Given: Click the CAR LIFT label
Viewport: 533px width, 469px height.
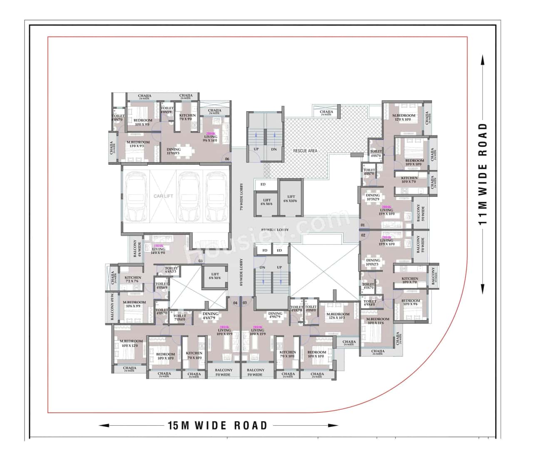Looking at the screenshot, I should click(163, 196).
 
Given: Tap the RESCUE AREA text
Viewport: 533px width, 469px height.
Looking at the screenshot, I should click(305, 150).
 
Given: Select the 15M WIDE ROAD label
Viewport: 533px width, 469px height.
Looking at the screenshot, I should click(217, 425).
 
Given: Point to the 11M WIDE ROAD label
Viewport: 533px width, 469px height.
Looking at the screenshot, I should click(483, 174).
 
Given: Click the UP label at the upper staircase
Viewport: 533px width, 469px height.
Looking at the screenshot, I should click(256, 149).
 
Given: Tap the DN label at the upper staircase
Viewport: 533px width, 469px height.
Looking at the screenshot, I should click(274, 149).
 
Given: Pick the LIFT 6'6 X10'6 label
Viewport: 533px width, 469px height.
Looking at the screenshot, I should click(291, 198).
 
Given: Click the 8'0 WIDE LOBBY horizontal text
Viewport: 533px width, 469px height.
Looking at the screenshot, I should click(275, 230).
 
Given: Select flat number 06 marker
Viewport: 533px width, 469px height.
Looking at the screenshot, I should click(227, 159).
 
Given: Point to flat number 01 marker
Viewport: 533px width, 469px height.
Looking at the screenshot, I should click(363, 226).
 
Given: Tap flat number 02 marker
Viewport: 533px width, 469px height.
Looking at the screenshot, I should click(363, 236).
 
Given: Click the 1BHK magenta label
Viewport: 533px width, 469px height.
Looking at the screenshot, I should click(158, 246).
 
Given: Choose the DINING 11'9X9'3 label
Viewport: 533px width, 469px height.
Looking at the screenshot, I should click(174, 151).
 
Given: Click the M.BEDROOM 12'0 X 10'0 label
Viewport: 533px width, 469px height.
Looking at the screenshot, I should click(403, 118).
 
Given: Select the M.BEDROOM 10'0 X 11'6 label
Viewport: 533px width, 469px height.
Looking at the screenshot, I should click(378, 321).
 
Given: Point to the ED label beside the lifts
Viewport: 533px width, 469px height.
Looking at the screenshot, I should click(263, 184).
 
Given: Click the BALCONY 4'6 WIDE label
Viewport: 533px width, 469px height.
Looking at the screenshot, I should click(137, 252).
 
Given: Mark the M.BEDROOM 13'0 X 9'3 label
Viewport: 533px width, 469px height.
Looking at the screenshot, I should click(138, 144).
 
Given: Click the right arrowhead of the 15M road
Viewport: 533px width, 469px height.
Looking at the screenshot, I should click(335, 426).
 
